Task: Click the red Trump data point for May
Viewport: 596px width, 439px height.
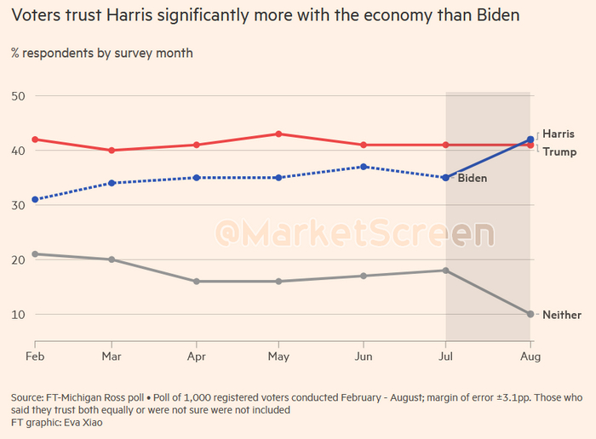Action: click(x=279, y=134)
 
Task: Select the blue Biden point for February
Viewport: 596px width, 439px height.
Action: click(x=35, y=200)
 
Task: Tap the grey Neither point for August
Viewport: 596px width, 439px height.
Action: click(x=530, y=314)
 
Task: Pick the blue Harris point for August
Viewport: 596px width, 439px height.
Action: click(x=530, y=140)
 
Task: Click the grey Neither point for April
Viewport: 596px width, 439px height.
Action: click(x=198, y=282)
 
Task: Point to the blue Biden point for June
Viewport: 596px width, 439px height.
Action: click(x=364, y=167)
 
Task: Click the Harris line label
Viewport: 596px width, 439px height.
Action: click(x=559, y=134)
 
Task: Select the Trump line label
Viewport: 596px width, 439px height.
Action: click(x=559, y=152)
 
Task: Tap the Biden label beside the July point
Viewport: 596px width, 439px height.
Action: click(x=473, y=179)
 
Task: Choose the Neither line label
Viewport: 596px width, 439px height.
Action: click(x=562, y=315)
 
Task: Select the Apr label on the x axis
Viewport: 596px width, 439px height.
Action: click(x=197, y=355)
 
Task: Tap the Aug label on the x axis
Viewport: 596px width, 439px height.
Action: click(x=530, y=355)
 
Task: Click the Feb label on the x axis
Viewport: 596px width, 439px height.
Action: click(x=35, y=355)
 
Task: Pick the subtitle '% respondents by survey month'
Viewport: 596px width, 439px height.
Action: click(x=102, y=53)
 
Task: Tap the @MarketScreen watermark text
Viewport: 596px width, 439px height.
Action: click(x=354, y=232)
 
